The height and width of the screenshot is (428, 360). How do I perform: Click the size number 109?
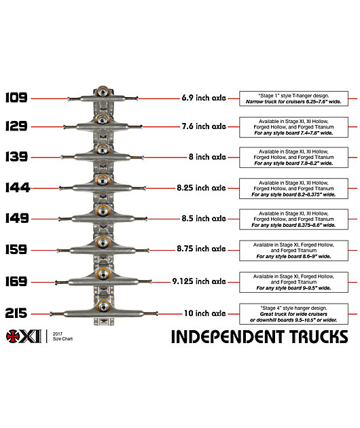[16, 98]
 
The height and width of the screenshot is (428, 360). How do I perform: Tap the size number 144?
[18, 188]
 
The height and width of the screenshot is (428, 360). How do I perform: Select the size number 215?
[16, 313]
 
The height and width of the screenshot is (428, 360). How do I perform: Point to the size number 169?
[16, 281]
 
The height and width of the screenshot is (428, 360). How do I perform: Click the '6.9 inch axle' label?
[204, 98]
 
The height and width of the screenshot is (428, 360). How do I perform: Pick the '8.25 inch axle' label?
[202, 188]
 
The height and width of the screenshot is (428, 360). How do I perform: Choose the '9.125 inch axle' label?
[199, 281]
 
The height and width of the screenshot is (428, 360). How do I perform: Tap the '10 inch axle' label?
[205, 313]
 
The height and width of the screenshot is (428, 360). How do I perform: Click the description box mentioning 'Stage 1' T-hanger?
[293, 99]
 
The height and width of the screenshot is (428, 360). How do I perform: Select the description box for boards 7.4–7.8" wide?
[293, 127]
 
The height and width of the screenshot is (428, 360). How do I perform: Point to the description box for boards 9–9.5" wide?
[293, 282]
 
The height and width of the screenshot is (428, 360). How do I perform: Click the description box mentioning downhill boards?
[293, 314]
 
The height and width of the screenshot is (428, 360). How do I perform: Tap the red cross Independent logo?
[13, 336]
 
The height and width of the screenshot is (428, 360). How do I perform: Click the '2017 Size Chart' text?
[62, 336]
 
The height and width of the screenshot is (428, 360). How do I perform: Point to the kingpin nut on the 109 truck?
[103, 92]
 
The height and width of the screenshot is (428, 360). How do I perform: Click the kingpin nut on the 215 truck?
[103, 307]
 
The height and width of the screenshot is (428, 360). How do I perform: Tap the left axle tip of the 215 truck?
[51, 314]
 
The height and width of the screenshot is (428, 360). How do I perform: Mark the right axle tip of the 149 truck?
[146, 219]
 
